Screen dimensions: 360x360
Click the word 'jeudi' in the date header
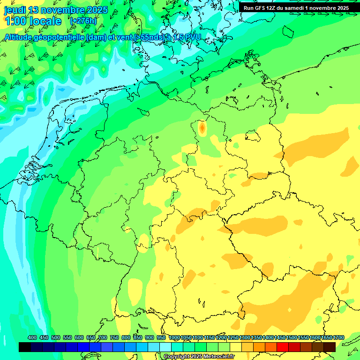[x=15, y=10]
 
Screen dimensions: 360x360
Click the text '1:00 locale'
[x=33, y=21]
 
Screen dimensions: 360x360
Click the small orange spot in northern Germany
[x=202, y=127]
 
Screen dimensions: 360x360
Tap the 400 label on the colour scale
[x=32, y=337]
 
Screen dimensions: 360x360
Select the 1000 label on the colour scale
[x=174, y=337]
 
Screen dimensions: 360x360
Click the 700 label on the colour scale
[x=103, y=337]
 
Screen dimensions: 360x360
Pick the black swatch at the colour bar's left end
[x=25, y=347]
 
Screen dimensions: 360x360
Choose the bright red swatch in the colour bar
[x=283, y=347]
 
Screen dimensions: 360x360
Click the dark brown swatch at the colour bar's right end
[x=330, y=347]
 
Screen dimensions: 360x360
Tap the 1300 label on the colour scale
[x=244, y=337]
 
